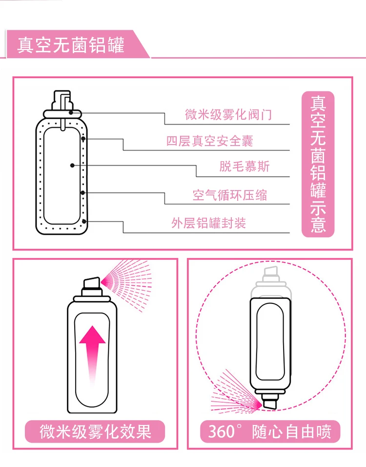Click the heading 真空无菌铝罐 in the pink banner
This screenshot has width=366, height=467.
click(x=71, y=45)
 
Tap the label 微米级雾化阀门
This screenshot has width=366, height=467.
click(x=228, y=115)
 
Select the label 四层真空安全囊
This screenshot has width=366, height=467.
click(x=210, y=142)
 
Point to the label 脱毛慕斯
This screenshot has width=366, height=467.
click(x=244, y=167)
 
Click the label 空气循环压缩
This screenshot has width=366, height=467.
click(x=230, y=195)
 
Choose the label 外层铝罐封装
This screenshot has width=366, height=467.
click(x=208, y=223)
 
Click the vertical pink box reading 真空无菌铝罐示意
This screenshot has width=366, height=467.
click(x=318, y=164)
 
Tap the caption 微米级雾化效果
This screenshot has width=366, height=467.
click(x=95, y=431)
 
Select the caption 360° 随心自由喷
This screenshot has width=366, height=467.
click(x=270, y=431)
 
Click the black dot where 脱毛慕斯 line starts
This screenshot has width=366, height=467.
click(x=72, y=166)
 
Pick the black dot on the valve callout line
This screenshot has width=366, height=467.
click(x=71, y=112)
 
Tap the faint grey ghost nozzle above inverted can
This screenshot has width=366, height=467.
click(x=270, y=274)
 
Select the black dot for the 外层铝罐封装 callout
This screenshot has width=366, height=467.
click(x=85, y=221)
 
